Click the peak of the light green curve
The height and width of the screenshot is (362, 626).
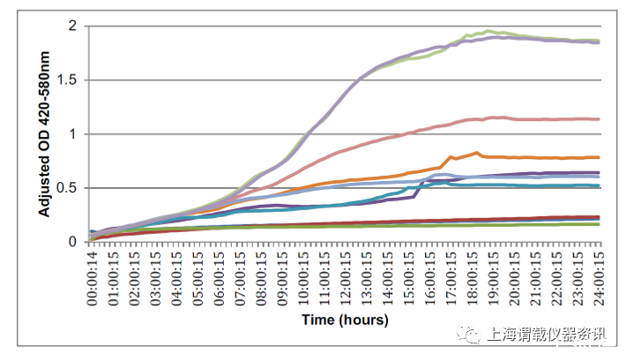pyautogui.click(x=490, y=31)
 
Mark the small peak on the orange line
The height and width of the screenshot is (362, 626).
pyautogui.click(x=477, y=153)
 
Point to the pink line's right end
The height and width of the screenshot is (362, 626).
pyautogui.click(x=599, y=119)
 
